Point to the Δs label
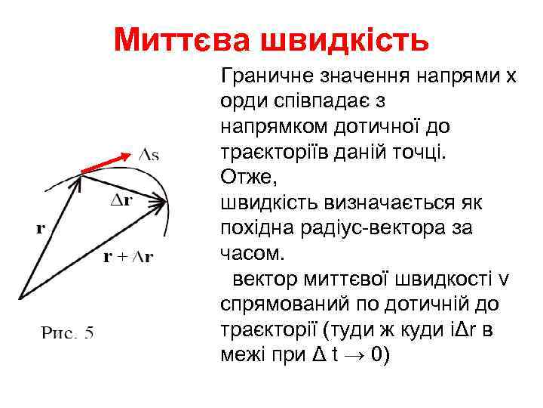[149, 154]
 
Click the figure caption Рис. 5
[66, 332]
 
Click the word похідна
[259, 228]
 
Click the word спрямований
[278, 304]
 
